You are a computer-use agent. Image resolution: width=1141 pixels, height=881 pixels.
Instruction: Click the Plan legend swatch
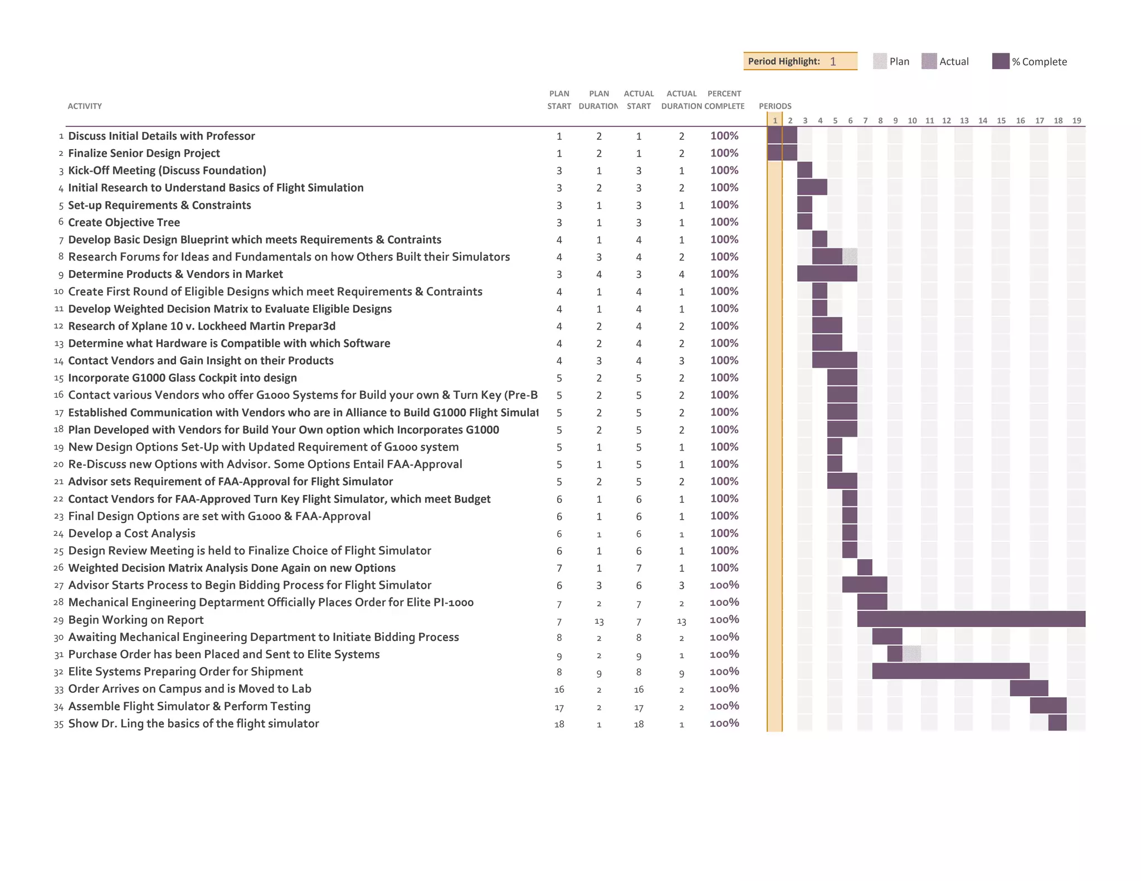point(880,61)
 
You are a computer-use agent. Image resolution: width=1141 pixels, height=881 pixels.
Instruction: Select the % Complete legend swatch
point(1001,61)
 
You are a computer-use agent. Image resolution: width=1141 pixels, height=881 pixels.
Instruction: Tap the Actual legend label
point(954,62)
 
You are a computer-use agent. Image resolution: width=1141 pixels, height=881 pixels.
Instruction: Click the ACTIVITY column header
point(85,106)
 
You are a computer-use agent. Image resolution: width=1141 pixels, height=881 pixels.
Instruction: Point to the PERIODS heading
point(774,106)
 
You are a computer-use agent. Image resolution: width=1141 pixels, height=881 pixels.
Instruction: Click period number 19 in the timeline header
point(1076,120)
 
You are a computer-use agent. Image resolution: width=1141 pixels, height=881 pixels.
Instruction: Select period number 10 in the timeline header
point(912,120)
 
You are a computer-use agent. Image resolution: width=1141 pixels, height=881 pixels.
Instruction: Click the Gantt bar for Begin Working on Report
point(971,619)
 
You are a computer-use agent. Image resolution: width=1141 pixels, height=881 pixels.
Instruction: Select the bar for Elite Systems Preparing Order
point(950,671)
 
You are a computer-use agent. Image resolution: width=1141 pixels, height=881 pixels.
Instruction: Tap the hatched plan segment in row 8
point(850,257)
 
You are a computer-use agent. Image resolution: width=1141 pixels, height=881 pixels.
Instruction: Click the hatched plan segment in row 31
point(911,654)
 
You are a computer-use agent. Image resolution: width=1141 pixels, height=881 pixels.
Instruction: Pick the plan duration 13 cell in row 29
point(599,621)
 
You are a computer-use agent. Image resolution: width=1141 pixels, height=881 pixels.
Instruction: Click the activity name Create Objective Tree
point(124,222)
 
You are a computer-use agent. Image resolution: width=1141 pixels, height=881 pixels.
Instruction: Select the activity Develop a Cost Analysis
point(131,534)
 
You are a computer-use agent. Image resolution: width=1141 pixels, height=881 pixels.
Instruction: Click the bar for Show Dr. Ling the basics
point(1057,723)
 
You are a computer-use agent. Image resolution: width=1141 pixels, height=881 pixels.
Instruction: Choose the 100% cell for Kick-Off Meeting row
point(724,170)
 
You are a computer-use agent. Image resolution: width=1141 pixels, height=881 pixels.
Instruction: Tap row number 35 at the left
point(58,724)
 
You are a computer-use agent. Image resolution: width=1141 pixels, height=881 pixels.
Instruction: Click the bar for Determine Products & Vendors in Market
point(827,274)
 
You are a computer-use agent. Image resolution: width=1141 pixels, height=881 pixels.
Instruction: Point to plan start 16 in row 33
point(559,689)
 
